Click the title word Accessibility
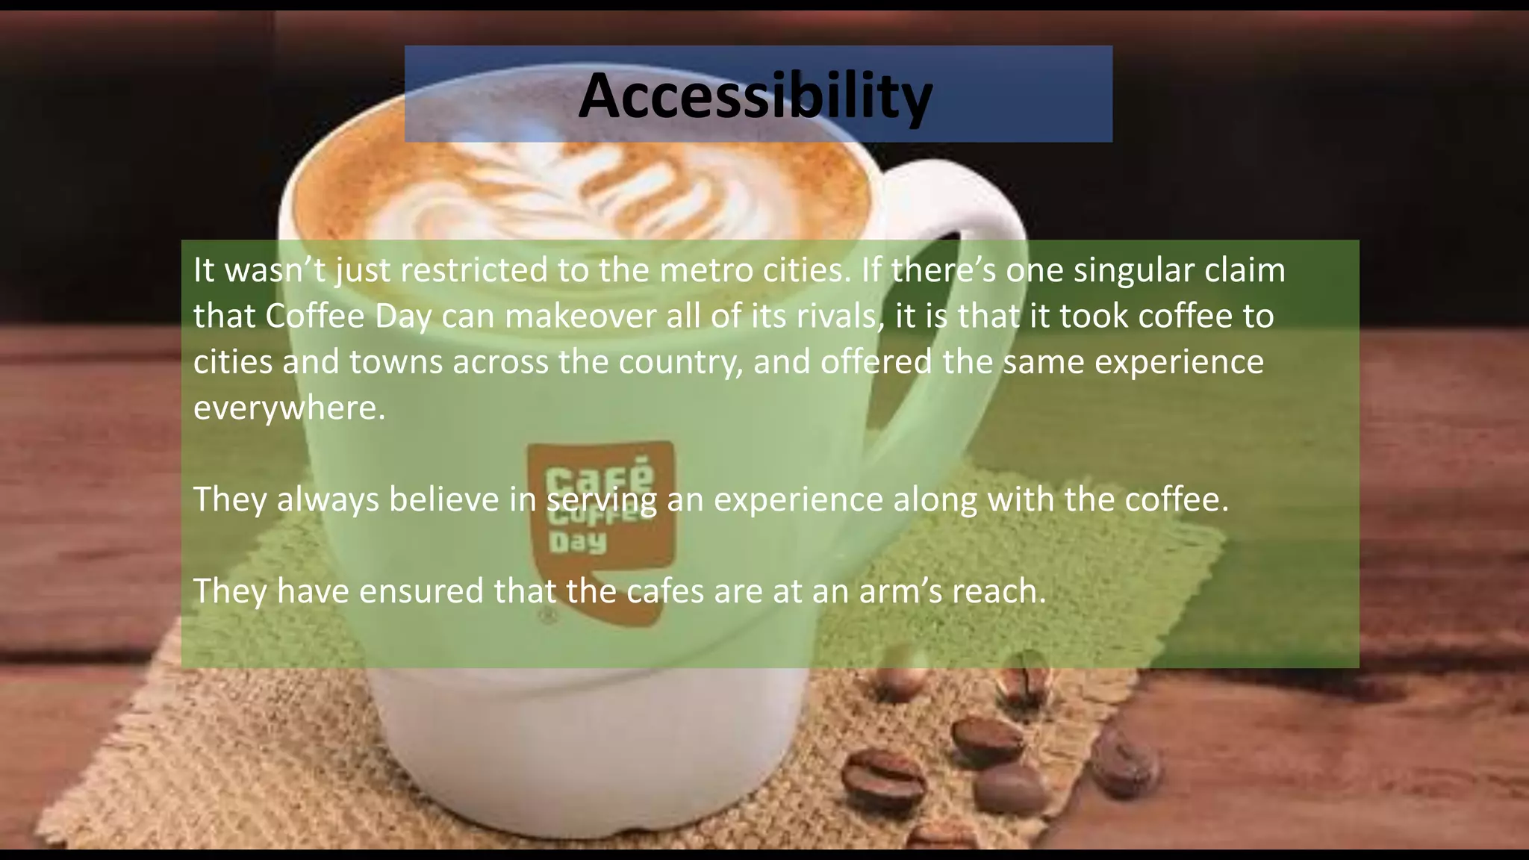(755, 96)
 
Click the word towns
(395, 362)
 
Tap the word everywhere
(289, 408)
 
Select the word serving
(601, 500)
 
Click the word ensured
(421, 591)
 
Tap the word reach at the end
(999, 591)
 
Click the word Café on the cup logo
(600, 475)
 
